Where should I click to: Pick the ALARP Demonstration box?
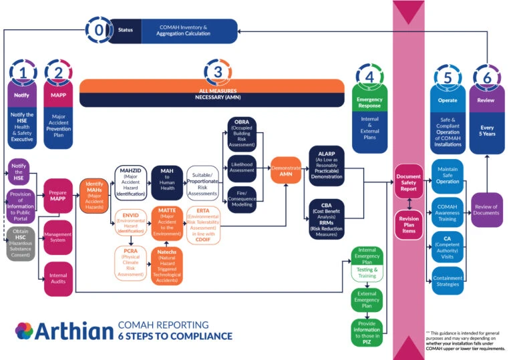tap(326, 162)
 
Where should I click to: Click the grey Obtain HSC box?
tap(21, 244)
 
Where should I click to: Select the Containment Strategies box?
tap(447, 280)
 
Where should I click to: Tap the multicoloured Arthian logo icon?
tap(24, 331)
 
